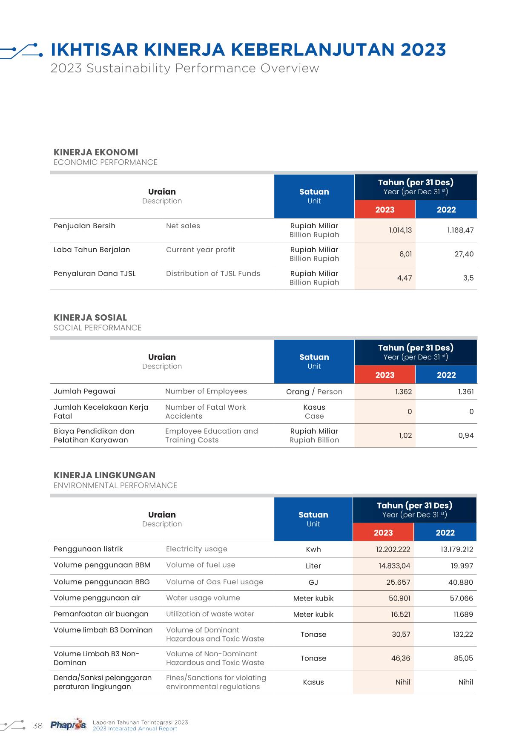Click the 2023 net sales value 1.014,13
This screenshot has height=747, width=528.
[400, 230]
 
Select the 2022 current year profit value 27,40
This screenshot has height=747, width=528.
[464, 254]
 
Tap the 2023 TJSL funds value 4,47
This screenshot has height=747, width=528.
[404, 278]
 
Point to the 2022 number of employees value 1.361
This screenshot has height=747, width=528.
[465, 392]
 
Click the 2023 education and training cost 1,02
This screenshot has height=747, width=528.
[405, 436]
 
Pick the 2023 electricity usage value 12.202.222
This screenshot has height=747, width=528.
[393, 549]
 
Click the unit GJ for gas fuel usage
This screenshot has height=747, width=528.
[313, 582]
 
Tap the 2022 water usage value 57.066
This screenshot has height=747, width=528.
[461, 598]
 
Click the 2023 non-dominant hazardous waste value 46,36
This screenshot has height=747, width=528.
[400, 658]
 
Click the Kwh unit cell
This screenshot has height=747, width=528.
[313, 549]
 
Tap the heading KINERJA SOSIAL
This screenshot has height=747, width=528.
[90, 318]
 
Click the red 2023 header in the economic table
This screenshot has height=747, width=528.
[385, 210]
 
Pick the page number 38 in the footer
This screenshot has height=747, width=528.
[38, 726]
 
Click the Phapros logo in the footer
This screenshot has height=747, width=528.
[68, 724]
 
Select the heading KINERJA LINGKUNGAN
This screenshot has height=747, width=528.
[104, 475]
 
